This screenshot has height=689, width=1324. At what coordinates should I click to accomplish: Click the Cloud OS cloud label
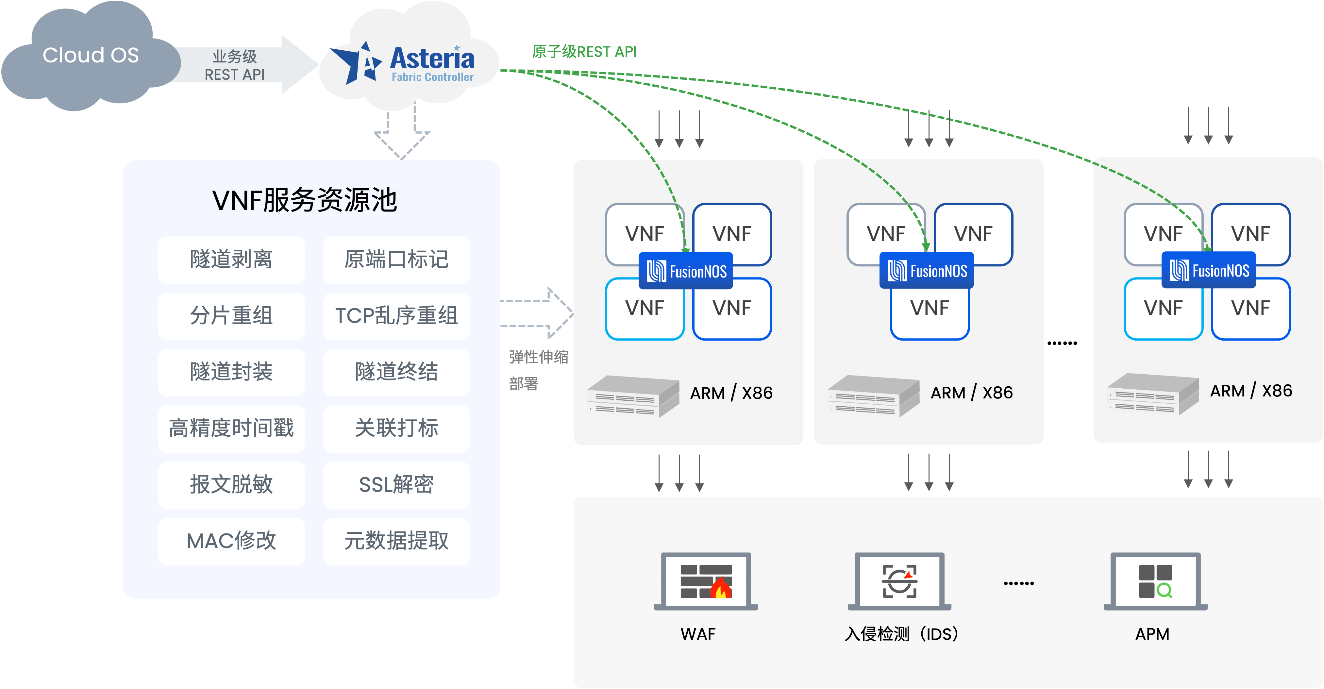tap(91, 55)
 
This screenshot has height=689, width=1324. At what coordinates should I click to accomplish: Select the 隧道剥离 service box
tap(231, 260)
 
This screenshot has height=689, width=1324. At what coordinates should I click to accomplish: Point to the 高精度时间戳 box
tap(231, 428)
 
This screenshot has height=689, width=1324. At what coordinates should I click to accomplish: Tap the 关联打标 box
tap(396, 428)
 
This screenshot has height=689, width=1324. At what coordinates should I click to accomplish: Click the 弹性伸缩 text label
tap(538, 357)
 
